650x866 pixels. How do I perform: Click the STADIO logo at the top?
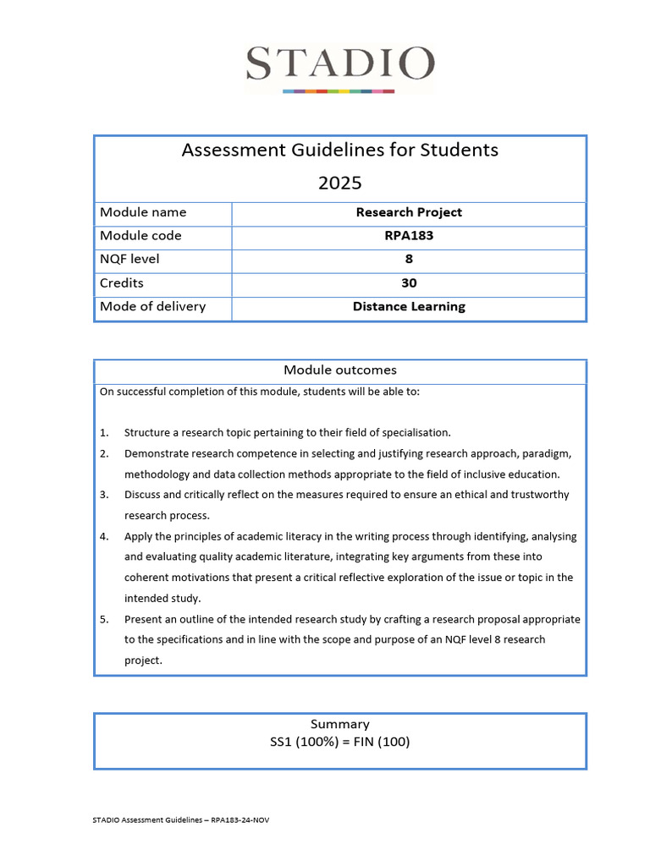pos(340,66)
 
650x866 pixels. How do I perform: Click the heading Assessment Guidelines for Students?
pos(340,151)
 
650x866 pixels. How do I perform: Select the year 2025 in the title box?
pos(340,183)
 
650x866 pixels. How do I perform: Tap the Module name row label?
pos(143,212)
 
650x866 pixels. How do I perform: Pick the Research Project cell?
pos(409,212)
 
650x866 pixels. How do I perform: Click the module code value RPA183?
pos(409,236)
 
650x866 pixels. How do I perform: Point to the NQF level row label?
pos(129,260)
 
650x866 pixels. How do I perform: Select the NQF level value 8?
pos(409,260)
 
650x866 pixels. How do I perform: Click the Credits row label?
pos(122,283)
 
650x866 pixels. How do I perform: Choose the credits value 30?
pos(409,283)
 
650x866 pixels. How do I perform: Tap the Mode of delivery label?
pos(152,307)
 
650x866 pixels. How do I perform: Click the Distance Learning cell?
pos(409,307)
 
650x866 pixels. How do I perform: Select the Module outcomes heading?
pos(340,370)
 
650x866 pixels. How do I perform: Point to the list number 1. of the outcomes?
pos(104,433)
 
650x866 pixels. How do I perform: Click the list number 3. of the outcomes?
pos(104,495)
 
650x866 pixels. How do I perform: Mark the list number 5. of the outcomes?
pos(104,619)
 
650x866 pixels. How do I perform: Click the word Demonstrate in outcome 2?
pos(157,453)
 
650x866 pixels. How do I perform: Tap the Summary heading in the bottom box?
pos(340,725)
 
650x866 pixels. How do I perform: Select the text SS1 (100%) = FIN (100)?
pos(340,743)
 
